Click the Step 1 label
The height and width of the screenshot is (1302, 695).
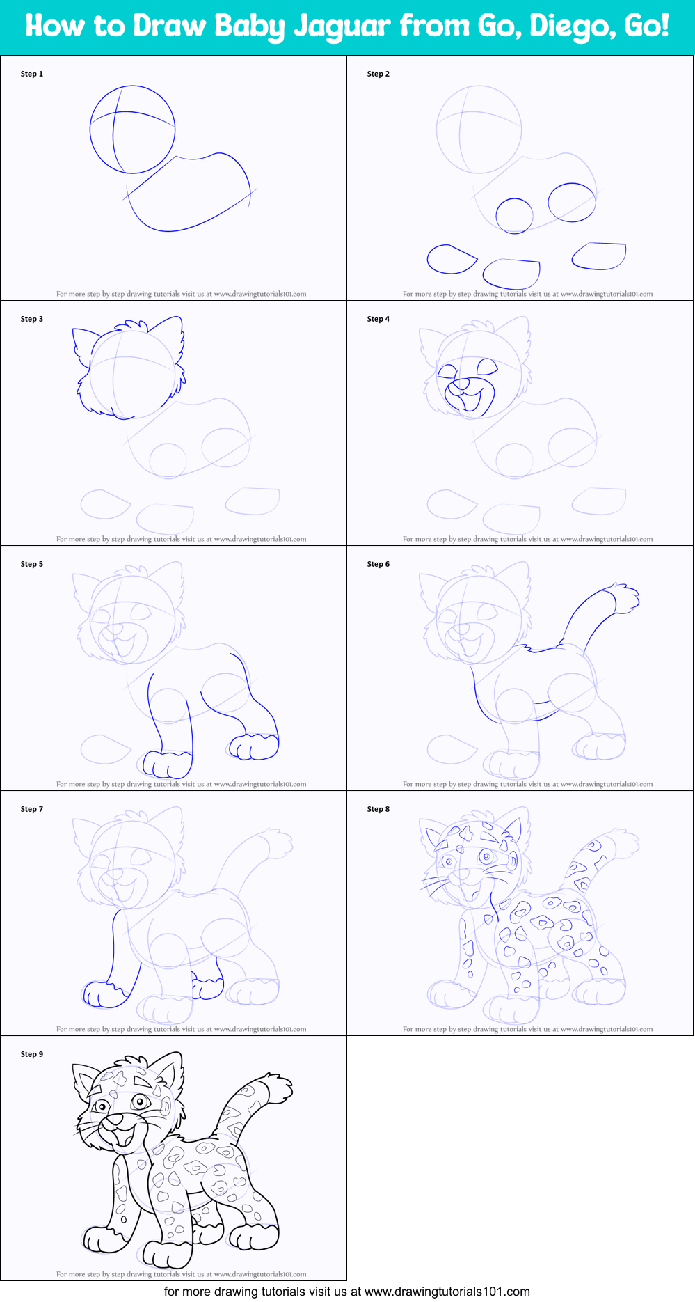tap(32, 74)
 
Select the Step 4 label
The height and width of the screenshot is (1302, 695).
tap(378, 319)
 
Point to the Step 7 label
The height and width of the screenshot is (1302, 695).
tap(32, 809)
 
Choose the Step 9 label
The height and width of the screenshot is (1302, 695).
tap(32, 1054)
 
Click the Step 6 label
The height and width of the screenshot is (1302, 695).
tap(378, 564)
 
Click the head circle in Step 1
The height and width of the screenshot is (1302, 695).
tap(90, 130)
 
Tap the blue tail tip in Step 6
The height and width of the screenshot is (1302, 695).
tap(623, 599)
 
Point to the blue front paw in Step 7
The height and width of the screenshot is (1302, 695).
tap(105, 994)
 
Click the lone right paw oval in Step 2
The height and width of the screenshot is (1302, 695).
tap(599, 256)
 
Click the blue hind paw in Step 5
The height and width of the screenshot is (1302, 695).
tap(253, 746)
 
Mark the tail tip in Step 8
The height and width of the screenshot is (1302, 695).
tap(623, 843)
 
